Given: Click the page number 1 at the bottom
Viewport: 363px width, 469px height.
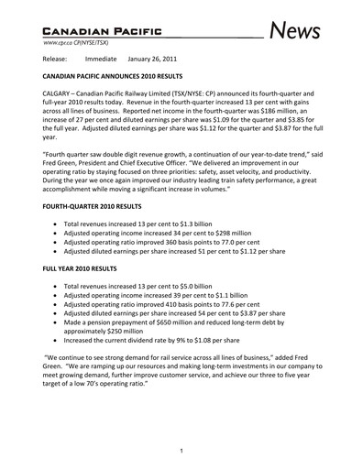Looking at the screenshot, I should (x=181, y=450).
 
